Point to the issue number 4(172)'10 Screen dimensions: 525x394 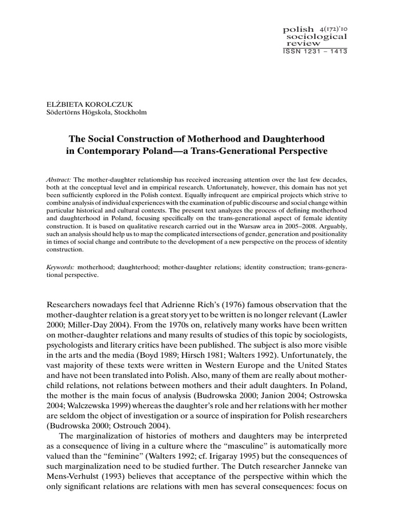[333, 29]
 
